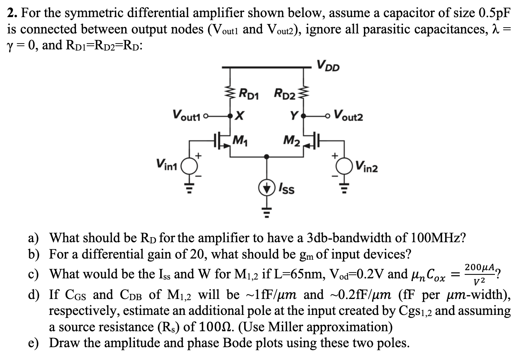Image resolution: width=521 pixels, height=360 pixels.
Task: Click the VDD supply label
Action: pyautogui.click(x=328, y=66)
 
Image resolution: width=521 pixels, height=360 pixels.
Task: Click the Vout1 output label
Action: pyautogui.click(x=188, y=115)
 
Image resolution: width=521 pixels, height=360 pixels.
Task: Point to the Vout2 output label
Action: pyautogui.click(x=348, y=115)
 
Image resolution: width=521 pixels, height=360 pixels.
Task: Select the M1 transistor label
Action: pyautogui.click(x=243, y=139)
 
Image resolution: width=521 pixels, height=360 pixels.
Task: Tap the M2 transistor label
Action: pyautogui.click(x=291, y=139)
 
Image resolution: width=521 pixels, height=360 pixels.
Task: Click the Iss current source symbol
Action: pyautogui.click(x=266, y=188)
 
